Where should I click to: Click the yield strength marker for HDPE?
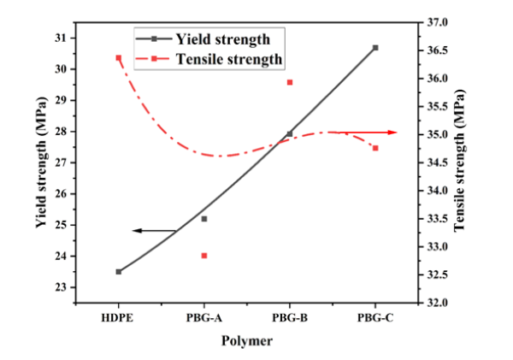[118, 272]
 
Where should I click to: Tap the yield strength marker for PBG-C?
[375, 48]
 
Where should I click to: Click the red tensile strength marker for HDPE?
[118, 57]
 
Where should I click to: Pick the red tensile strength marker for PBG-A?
[204, 256]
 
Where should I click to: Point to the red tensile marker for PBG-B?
[290, 82]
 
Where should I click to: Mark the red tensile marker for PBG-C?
[375, 148]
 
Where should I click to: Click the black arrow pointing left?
[154, 231]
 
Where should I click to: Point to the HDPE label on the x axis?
[118, 318]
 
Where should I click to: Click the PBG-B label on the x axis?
[290, 318]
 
